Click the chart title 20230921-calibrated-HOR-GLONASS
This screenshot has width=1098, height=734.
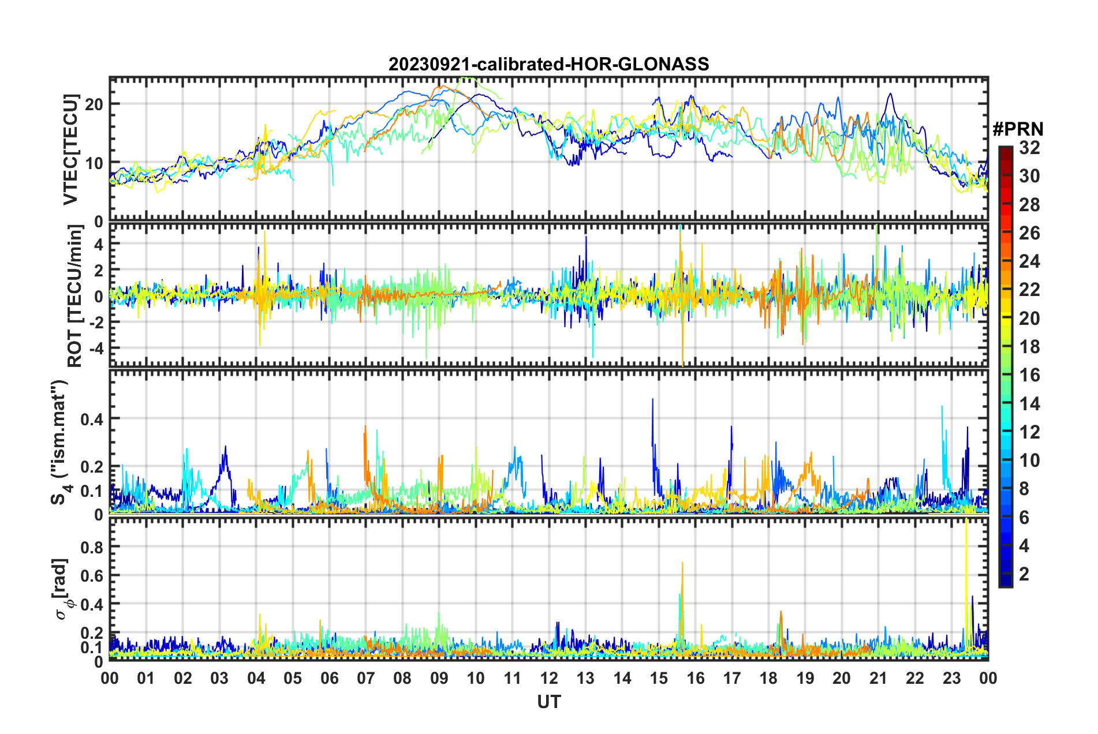pyautogui.click(x=548, y=64)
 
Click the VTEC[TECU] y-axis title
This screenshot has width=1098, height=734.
pyautogui.click(x=70, y=150)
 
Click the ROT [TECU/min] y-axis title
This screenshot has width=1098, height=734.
pyautogui.click(x=75, y=296)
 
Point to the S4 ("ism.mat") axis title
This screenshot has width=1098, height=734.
pyautogui.click(x=59, y=443)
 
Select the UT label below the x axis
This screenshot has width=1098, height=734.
pyautogui.click(x=548, y=702)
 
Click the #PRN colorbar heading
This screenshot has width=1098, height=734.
pyautogui.click(x=1018, y=129)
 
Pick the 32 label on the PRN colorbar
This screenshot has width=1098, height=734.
pyautogui.click(x=1029, y=148)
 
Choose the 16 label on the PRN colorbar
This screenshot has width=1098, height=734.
pyautogui.click(x=1029, y=375)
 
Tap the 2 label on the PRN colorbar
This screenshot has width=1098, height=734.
pyautogui.click(x=1025, y=574)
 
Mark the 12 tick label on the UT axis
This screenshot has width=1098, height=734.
pyautogui.click(x=549, y=678)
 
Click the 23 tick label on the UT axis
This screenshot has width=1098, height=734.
pyautogui.click(x=951, y=678)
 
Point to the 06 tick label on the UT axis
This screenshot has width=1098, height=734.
pyautogui.click(x=329, y=678)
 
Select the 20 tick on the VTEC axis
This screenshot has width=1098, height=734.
pyautogui.click(x=95, y=104)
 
